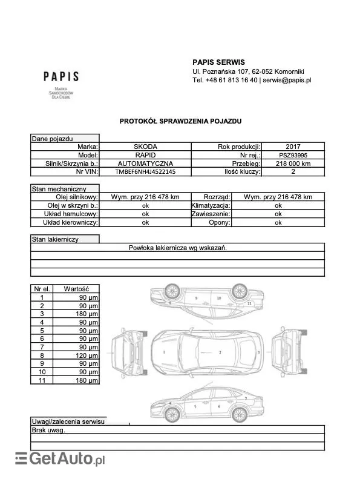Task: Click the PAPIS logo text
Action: click(61, 77)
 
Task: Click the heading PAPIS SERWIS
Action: click(218, 62)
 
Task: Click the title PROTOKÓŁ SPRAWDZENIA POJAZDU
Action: click(180, 121)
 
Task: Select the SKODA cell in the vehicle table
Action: click(145, 147)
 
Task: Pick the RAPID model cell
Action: click(145, 155)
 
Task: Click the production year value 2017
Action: click(293, 147)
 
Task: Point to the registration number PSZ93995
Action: click(293, 155)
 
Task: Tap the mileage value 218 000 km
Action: click(293, 164)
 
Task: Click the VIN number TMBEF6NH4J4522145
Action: click(145, 172)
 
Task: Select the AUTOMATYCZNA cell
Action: click(145, 164)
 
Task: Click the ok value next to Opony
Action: click(278, 223)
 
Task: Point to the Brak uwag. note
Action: click(48, 431)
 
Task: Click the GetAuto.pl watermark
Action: click(61, 460)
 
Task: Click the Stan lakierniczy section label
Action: click(56, 240)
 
